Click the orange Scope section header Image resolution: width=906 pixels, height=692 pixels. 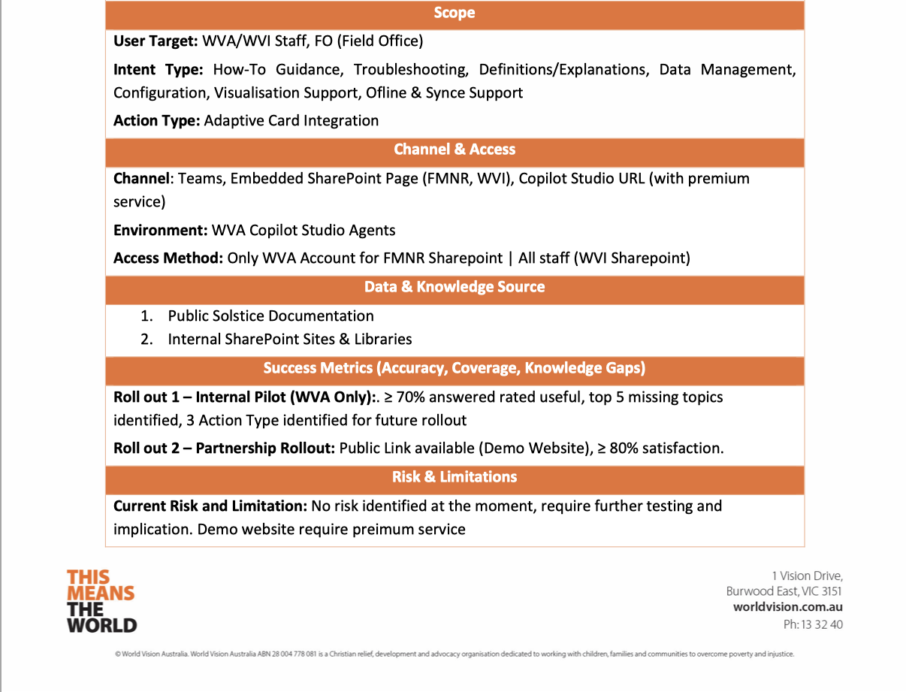pyautogui.click(x=454, y=13)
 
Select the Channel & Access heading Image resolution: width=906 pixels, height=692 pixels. pyautogui.click(x=454, y=150)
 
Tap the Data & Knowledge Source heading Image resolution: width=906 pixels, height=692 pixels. pyautogui.click(x=454, y=287)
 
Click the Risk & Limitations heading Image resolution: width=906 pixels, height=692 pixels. pyautogui.click(x=454, y=477)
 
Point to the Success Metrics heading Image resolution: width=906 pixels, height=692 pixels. pyautogui.click(x=454, y=368)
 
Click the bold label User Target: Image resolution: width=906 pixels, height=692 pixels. pyautogui.click(x=156, y=41)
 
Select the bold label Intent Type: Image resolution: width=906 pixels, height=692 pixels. pyautogui.click(x=158, y=70)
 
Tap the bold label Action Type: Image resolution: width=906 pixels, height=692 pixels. pyautogui.click(x=156, y=120)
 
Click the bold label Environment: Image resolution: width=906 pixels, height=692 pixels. pyautogui.click(x=160, y=230)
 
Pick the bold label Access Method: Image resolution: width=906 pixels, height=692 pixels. pyautogui.click(x=168, y=258)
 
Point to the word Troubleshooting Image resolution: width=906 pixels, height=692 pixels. pyautogui.click(x=410, y=70)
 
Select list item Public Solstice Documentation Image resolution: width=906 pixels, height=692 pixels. pyautogui.click(x=270, y=316)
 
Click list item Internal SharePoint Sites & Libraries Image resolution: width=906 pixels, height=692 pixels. pyautogui.click(x=289, y=340)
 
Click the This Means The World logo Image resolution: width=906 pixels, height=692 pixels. pyautogui.click(x=101, y=600)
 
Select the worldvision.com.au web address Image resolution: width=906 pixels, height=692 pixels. pyautogui.click(x=787, y=607)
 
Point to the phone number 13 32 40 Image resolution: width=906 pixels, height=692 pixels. pyautogui.click(x=822, y=624)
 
